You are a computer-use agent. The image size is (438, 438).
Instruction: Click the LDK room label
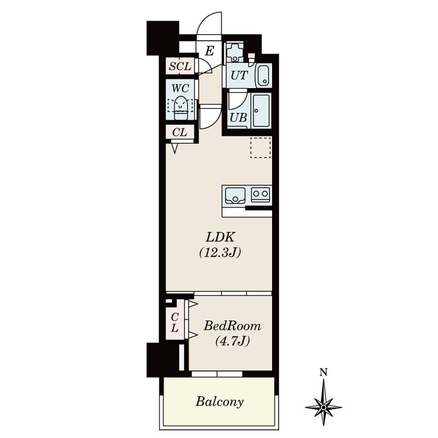pos(220,237)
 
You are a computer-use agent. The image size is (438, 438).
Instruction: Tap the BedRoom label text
pos(232,326)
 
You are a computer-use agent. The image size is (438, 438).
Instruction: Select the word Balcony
pos(220,402)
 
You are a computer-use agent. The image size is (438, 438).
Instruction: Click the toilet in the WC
pos(181,108)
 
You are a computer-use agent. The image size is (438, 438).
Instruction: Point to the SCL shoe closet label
pos(180,66)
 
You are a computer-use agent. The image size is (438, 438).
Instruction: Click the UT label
pos(239,75)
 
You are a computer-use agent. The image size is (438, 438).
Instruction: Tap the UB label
pos(238,118)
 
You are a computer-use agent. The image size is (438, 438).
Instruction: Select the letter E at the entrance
pos(210,51)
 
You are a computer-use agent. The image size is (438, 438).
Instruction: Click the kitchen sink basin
pos(235,195)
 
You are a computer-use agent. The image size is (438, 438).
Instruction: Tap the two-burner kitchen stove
pos(261,194)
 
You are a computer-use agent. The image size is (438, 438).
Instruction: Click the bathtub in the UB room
pos(262,110)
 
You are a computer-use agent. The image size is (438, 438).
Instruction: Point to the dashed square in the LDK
pos(261,147)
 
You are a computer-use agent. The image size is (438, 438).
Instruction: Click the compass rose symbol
pos(324,407)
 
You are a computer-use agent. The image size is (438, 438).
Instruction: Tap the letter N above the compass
pos(324,373)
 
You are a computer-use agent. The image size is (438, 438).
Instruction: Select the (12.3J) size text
pos(220,252)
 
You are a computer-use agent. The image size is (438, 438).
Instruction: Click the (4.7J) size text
pos(232,341)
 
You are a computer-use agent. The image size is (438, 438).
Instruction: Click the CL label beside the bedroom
pos(175,322)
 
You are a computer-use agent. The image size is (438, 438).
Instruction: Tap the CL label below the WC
pos(180,132)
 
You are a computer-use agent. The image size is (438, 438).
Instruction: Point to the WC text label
pos(180,88)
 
